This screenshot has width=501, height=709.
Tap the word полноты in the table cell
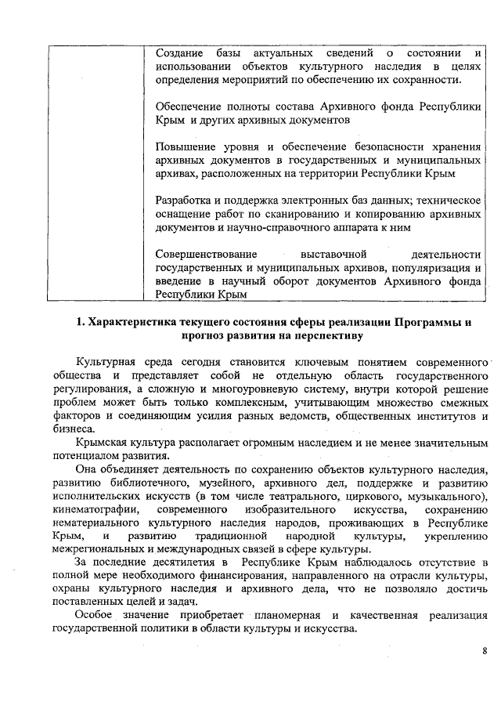[252, 106]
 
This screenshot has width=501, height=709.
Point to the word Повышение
[185, 147]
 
